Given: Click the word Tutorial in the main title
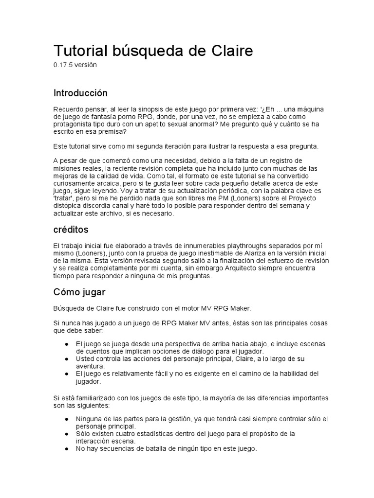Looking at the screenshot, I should tap(81, 51).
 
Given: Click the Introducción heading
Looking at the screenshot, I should tap(80, 93).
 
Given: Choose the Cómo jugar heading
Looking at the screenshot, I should tap(79, 292).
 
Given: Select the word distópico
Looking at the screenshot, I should tap(68, 205).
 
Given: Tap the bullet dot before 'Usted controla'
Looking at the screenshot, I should tap(66, 358).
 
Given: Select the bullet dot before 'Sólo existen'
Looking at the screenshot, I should tap(66, 433).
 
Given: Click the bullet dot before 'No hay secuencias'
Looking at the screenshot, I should tap(66, 449).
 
